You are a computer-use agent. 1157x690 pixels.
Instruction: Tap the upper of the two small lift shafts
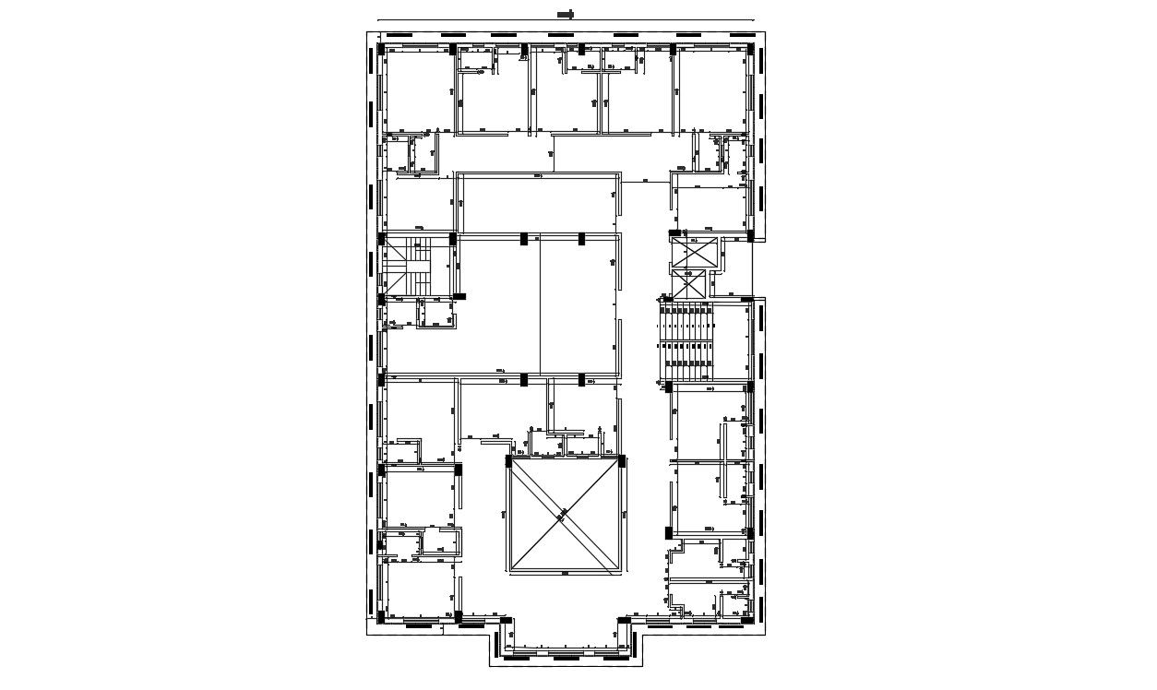point(694,251)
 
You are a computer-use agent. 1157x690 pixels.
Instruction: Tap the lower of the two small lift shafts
point(689,285)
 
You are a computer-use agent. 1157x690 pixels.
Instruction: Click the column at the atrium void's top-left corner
point(508,460)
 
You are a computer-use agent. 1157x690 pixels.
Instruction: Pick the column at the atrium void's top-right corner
point(621,460)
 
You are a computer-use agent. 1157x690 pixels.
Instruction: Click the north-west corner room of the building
point(418,90)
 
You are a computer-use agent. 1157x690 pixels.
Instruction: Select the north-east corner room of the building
point(712,90)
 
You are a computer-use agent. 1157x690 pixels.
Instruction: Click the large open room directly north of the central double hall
point(538,203)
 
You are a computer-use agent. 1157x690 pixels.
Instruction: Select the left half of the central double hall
point(498,306)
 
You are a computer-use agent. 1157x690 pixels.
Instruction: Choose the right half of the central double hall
point(578,306)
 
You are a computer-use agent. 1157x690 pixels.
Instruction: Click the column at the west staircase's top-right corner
point(455,238)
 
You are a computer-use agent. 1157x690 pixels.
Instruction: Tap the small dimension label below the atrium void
point(564,574)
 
